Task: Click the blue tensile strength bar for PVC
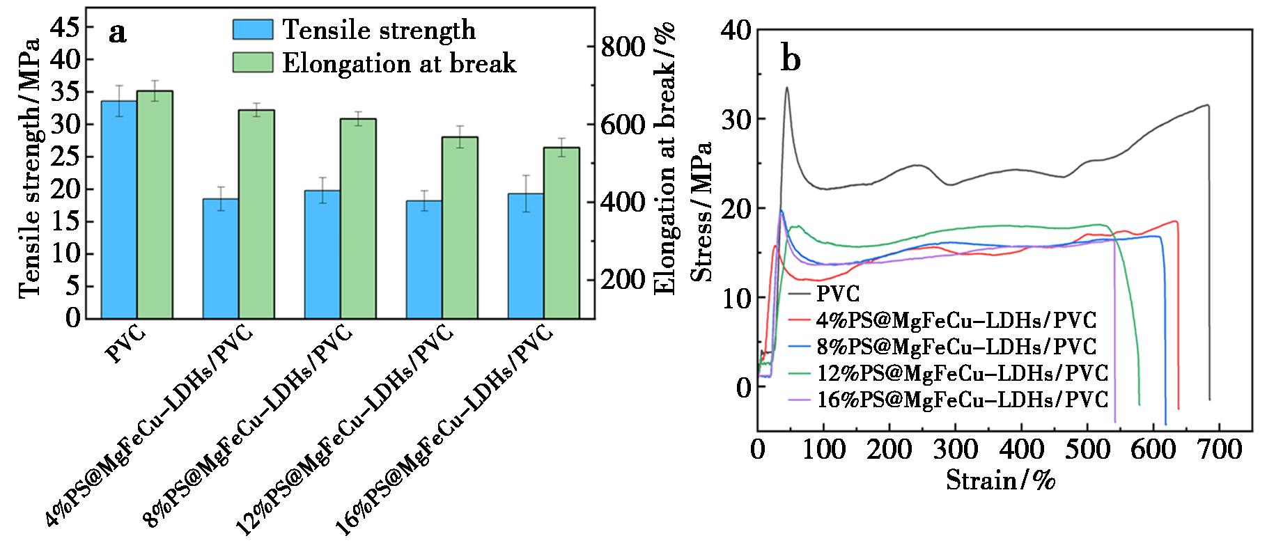pyautogui.click(x=119, y=209)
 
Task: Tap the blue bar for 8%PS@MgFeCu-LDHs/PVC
pyautogui.click(x=322, y=254)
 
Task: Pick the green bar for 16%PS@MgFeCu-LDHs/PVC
pyautogui.click(x=561, y=233)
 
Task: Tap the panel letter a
pyautogui.click(x=118, y=33)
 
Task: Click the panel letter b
pyautogui.click(x=791, y=60)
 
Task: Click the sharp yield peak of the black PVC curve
pyautogui.click(x=786, y=88)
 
